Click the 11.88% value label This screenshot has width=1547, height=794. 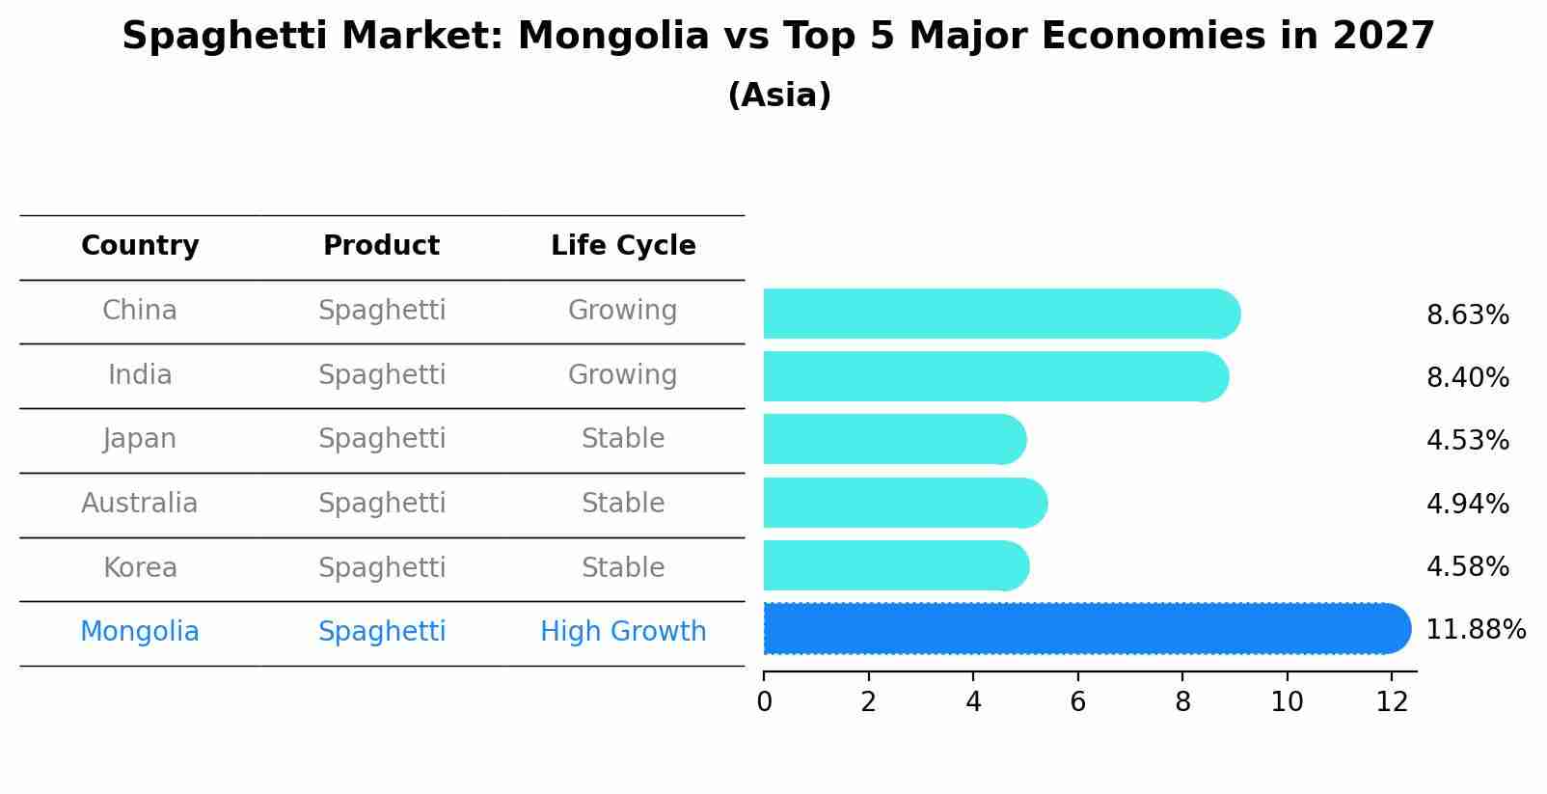click(x=1475, y=630)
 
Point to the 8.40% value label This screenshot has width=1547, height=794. click(x=1467, y=378)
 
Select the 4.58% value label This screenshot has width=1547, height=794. click(x=1467, y=566)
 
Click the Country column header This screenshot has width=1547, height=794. click(x=140, y=246)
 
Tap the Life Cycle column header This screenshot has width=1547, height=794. click(x=623, y=246)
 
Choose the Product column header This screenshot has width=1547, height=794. click(x=381, y=246)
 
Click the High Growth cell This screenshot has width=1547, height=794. click(x=623, y=632)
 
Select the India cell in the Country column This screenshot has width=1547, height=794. click(x=140, y=375)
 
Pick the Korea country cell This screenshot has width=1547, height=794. click(x=140, y=568)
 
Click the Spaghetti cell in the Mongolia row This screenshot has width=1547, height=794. click(x=382, y=632)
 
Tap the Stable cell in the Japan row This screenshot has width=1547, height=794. click(x=623, y=439)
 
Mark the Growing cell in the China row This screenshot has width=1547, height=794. click(x=623, y=311)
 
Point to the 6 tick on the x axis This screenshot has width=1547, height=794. click(x=1077, y=702)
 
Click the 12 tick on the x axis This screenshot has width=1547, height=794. click(x=1392, y=702)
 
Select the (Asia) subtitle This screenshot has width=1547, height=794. click(x=779, y=96)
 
